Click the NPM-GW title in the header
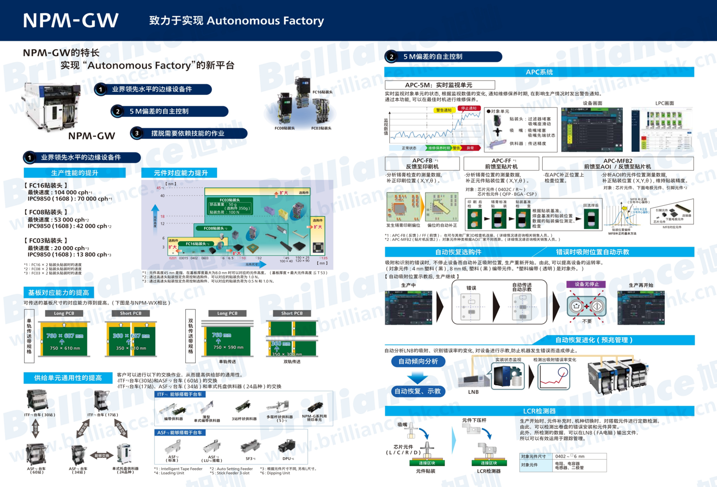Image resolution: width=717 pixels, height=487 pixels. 71,20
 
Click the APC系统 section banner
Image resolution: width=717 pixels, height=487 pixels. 539,72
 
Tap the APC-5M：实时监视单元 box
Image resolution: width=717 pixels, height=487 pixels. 439,85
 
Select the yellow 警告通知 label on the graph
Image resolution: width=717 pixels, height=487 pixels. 444,110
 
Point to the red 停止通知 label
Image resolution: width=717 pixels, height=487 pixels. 469,108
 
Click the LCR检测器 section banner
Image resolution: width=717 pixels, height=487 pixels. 539,411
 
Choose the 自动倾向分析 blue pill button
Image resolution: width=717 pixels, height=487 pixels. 418,361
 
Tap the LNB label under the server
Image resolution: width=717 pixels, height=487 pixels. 473,392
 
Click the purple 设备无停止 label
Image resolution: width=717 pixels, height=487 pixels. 587,284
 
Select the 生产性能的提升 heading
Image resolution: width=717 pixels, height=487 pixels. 74,173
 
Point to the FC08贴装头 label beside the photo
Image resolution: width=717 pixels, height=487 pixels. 285,128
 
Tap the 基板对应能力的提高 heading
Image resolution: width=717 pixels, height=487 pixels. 59,292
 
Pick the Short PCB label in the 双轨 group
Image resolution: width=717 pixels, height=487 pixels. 292,313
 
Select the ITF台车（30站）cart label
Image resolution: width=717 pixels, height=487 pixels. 39,415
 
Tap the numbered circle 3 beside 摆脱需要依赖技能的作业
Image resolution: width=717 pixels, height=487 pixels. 137,133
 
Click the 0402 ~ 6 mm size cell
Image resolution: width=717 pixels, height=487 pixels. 580,456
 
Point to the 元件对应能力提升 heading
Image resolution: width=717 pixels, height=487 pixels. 181,173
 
